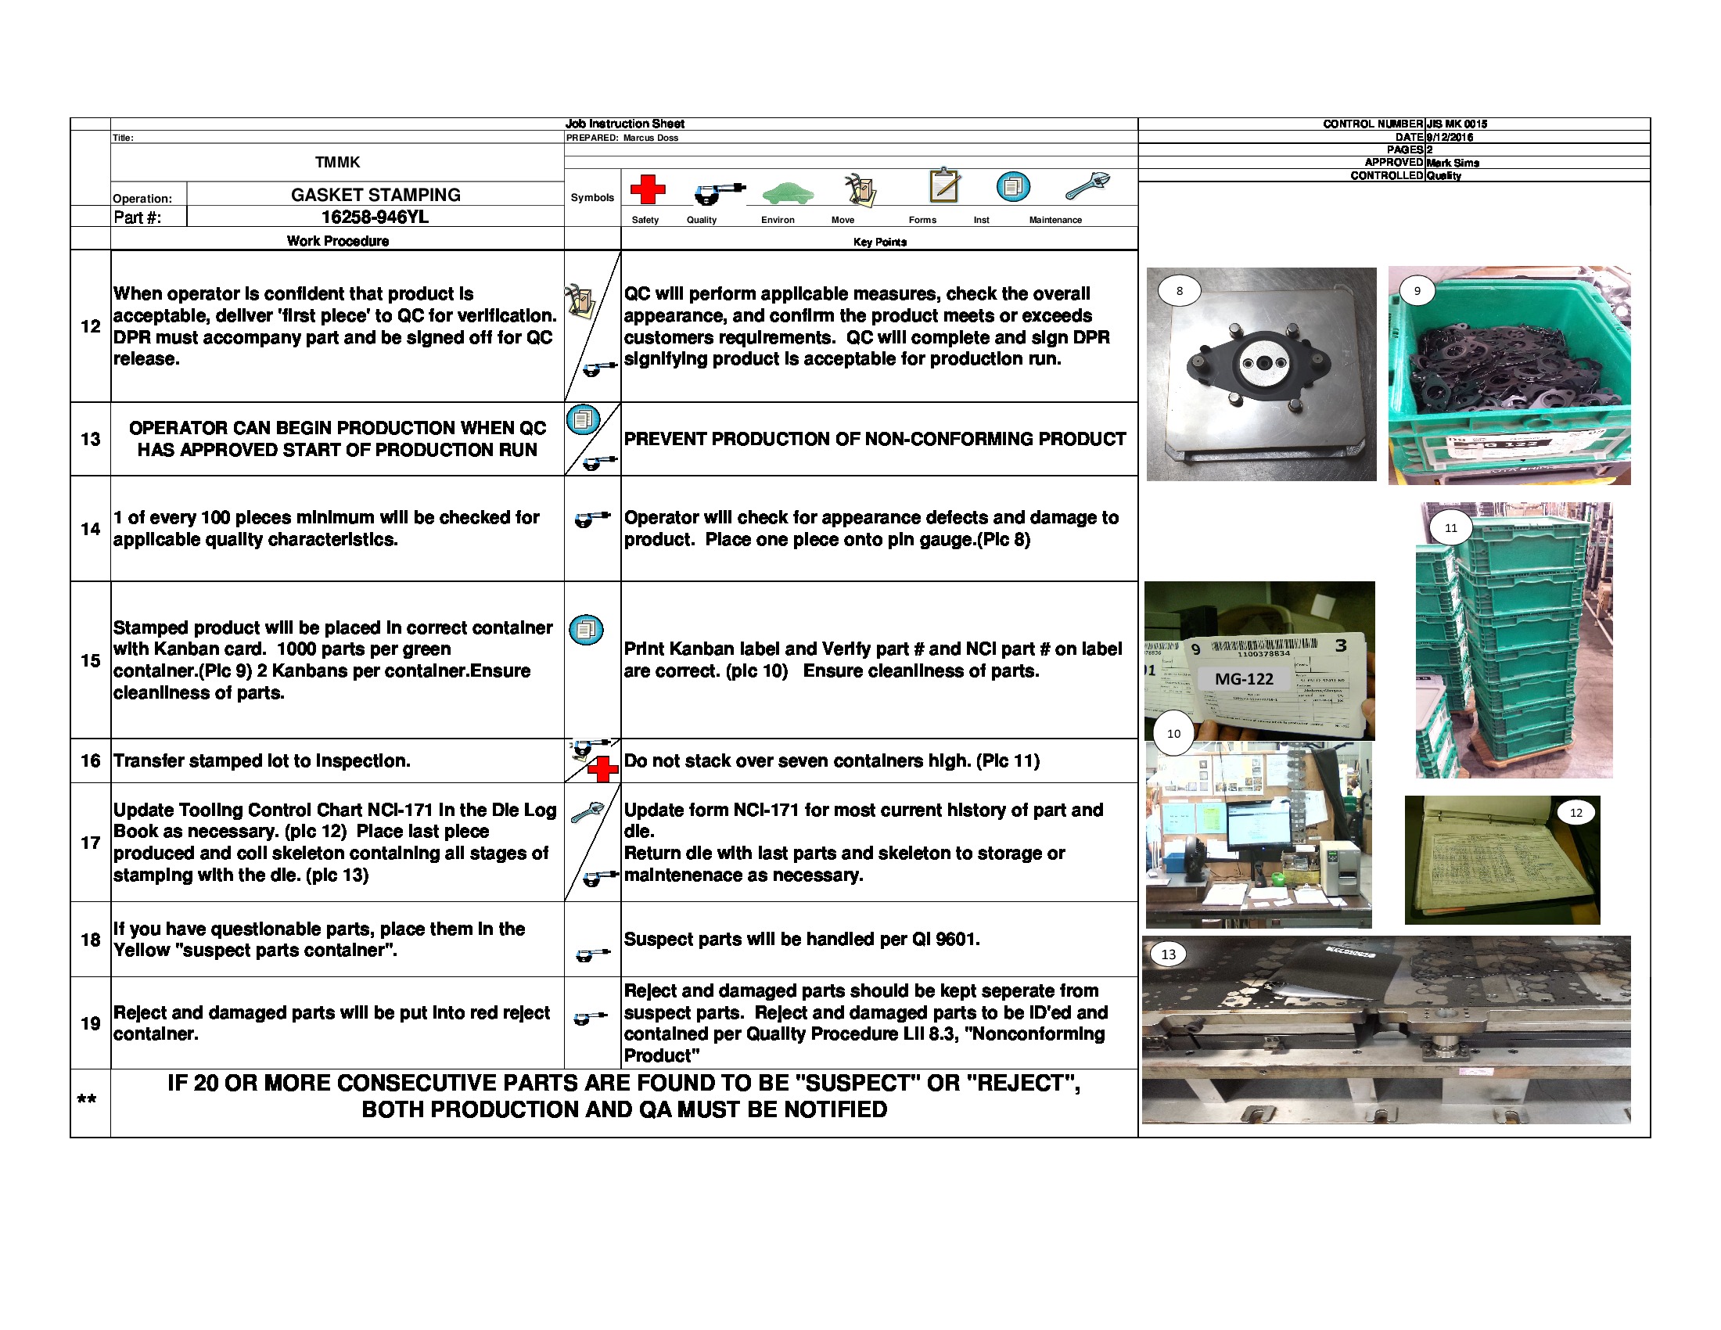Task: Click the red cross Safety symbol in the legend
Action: [x=647, y=189]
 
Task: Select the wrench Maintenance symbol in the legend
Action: [x=1087, y=187]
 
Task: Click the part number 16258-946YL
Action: [x=375, y=217]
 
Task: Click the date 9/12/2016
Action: [x=1450, y=137]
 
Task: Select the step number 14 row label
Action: [x=91, y=529]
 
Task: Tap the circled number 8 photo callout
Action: [x=1179, y=291]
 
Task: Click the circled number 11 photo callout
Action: [x=1450, y=528]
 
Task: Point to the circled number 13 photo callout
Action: [x=1168, y=954]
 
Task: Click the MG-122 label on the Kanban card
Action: [x=1244, y=678]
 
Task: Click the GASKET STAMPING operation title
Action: [x=375, y=195]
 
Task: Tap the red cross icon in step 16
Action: [x=603, y=769]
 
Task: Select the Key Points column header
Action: [x=879, y=242]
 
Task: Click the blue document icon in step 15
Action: [x=585, y=630]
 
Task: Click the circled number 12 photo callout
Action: [x=1575, y=812]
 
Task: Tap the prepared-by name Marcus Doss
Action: [x=650, y=138]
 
